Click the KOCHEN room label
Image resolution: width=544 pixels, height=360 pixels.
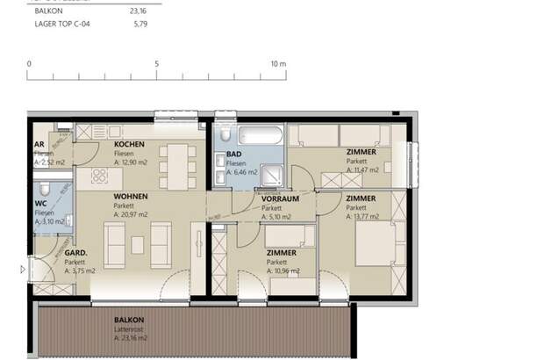pos(129,144)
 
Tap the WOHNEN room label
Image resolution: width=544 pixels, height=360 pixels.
pos(131,197)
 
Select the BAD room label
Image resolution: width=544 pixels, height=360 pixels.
pos(234,154)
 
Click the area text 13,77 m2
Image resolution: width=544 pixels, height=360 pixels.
pos(363,216)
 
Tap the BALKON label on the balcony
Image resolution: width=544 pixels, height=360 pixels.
pos(128,320)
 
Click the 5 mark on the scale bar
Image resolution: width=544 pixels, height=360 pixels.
pos(156,64)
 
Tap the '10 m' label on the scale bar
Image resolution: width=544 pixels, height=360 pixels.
pos(278,64)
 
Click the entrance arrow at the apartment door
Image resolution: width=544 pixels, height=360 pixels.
pos(22,270)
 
